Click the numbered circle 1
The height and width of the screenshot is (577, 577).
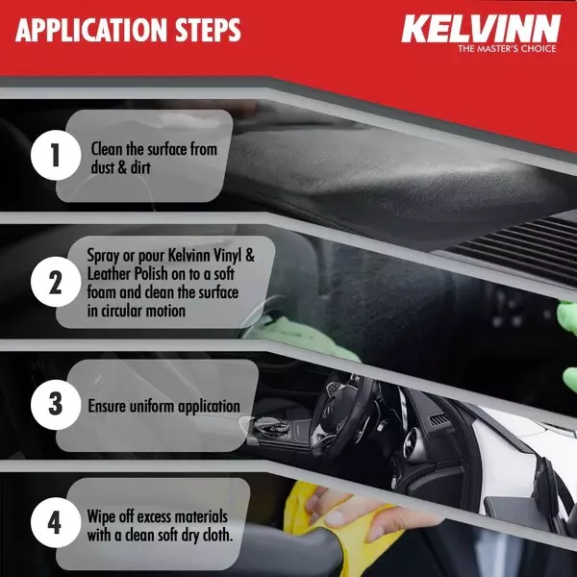coord(53,158)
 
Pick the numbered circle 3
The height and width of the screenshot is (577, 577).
coord(53,405)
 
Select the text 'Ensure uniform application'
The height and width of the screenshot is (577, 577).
coord(163,406)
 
